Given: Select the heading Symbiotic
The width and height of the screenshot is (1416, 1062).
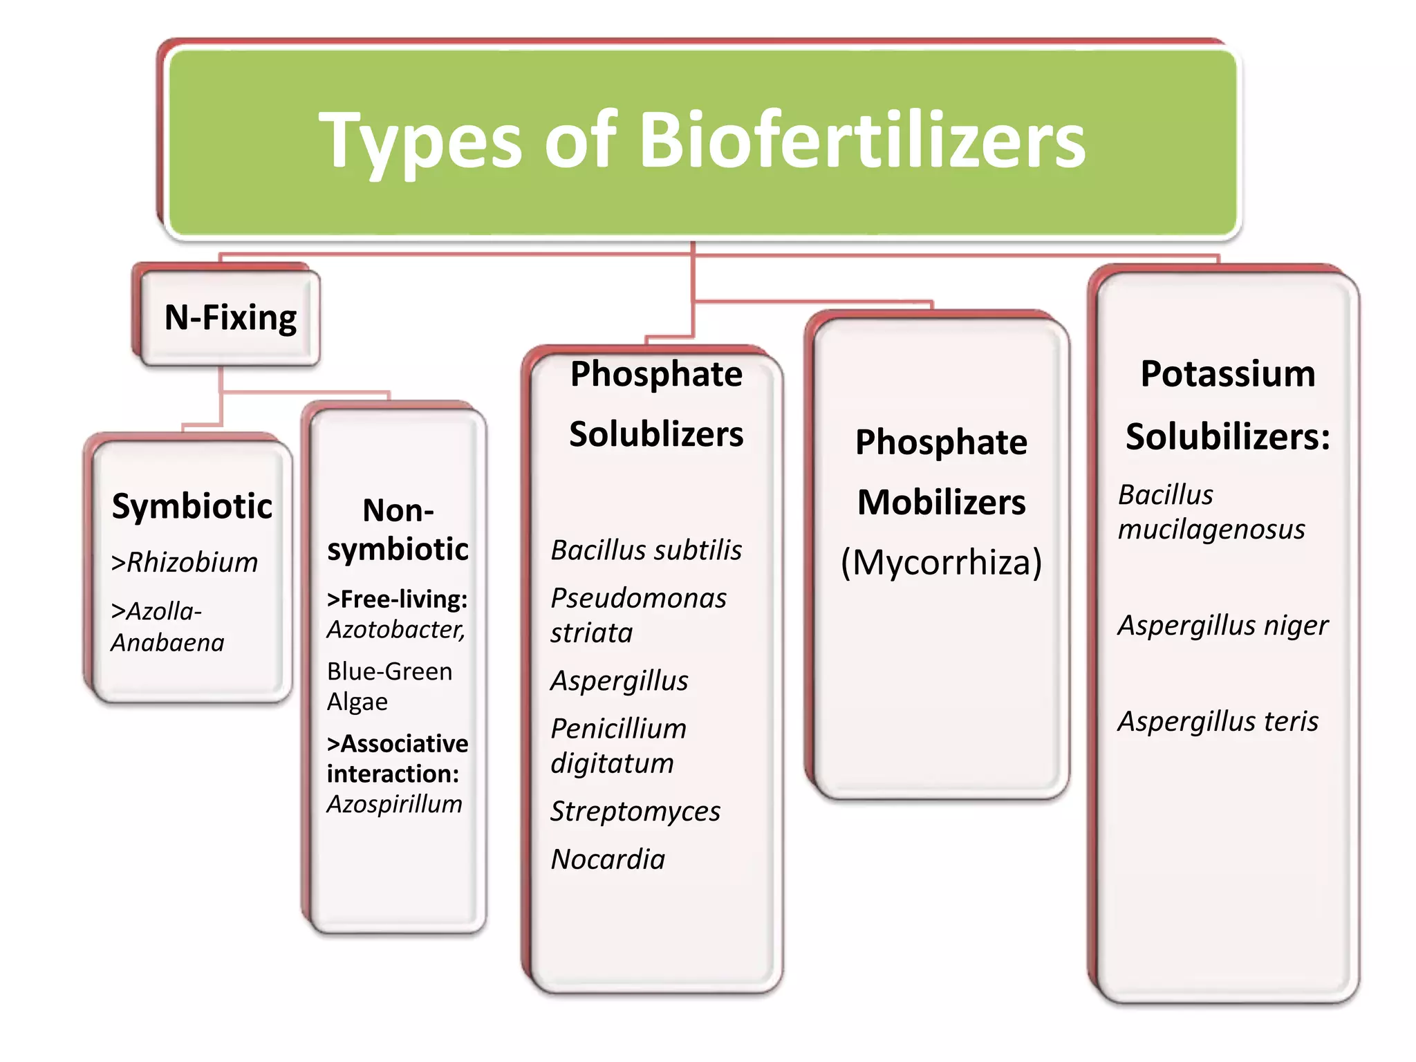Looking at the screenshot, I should (192, 506).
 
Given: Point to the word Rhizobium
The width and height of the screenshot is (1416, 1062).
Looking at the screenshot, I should (192, 563).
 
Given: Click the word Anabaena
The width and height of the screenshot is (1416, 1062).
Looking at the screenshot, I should (168, 643).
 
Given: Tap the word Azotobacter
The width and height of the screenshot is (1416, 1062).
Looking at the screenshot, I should (395, 630).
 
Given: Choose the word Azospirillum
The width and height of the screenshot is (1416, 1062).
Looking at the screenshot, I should (394, 804).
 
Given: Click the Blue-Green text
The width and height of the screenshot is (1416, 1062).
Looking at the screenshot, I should (389, 671).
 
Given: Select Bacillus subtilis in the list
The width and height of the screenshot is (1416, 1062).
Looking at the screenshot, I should (646, 550).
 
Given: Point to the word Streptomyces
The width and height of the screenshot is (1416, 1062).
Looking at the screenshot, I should (635, 812).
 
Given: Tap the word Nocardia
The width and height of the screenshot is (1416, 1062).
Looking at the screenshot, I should (608, 859).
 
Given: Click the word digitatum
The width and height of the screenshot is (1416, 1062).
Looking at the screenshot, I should (612, 764).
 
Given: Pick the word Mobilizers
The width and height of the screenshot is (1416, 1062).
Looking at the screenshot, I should (941, 503).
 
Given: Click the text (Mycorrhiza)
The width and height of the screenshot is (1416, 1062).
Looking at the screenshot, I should (941, 562).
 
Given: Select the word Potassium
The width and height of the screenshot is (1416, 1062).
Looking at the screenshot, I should (1227, 374).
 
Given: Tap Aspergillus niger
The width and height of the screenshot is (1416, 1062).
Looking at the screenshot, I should (1222, 626).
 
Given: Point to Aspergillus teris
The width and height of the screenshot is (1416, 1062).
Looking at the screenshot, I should (1218, 722).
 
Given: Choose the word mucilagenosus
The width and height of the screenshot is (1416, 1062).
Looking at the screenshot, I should (1211, 530).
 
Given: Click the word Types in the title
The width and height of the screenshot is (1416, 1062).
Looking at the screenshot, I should (420, 142).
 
